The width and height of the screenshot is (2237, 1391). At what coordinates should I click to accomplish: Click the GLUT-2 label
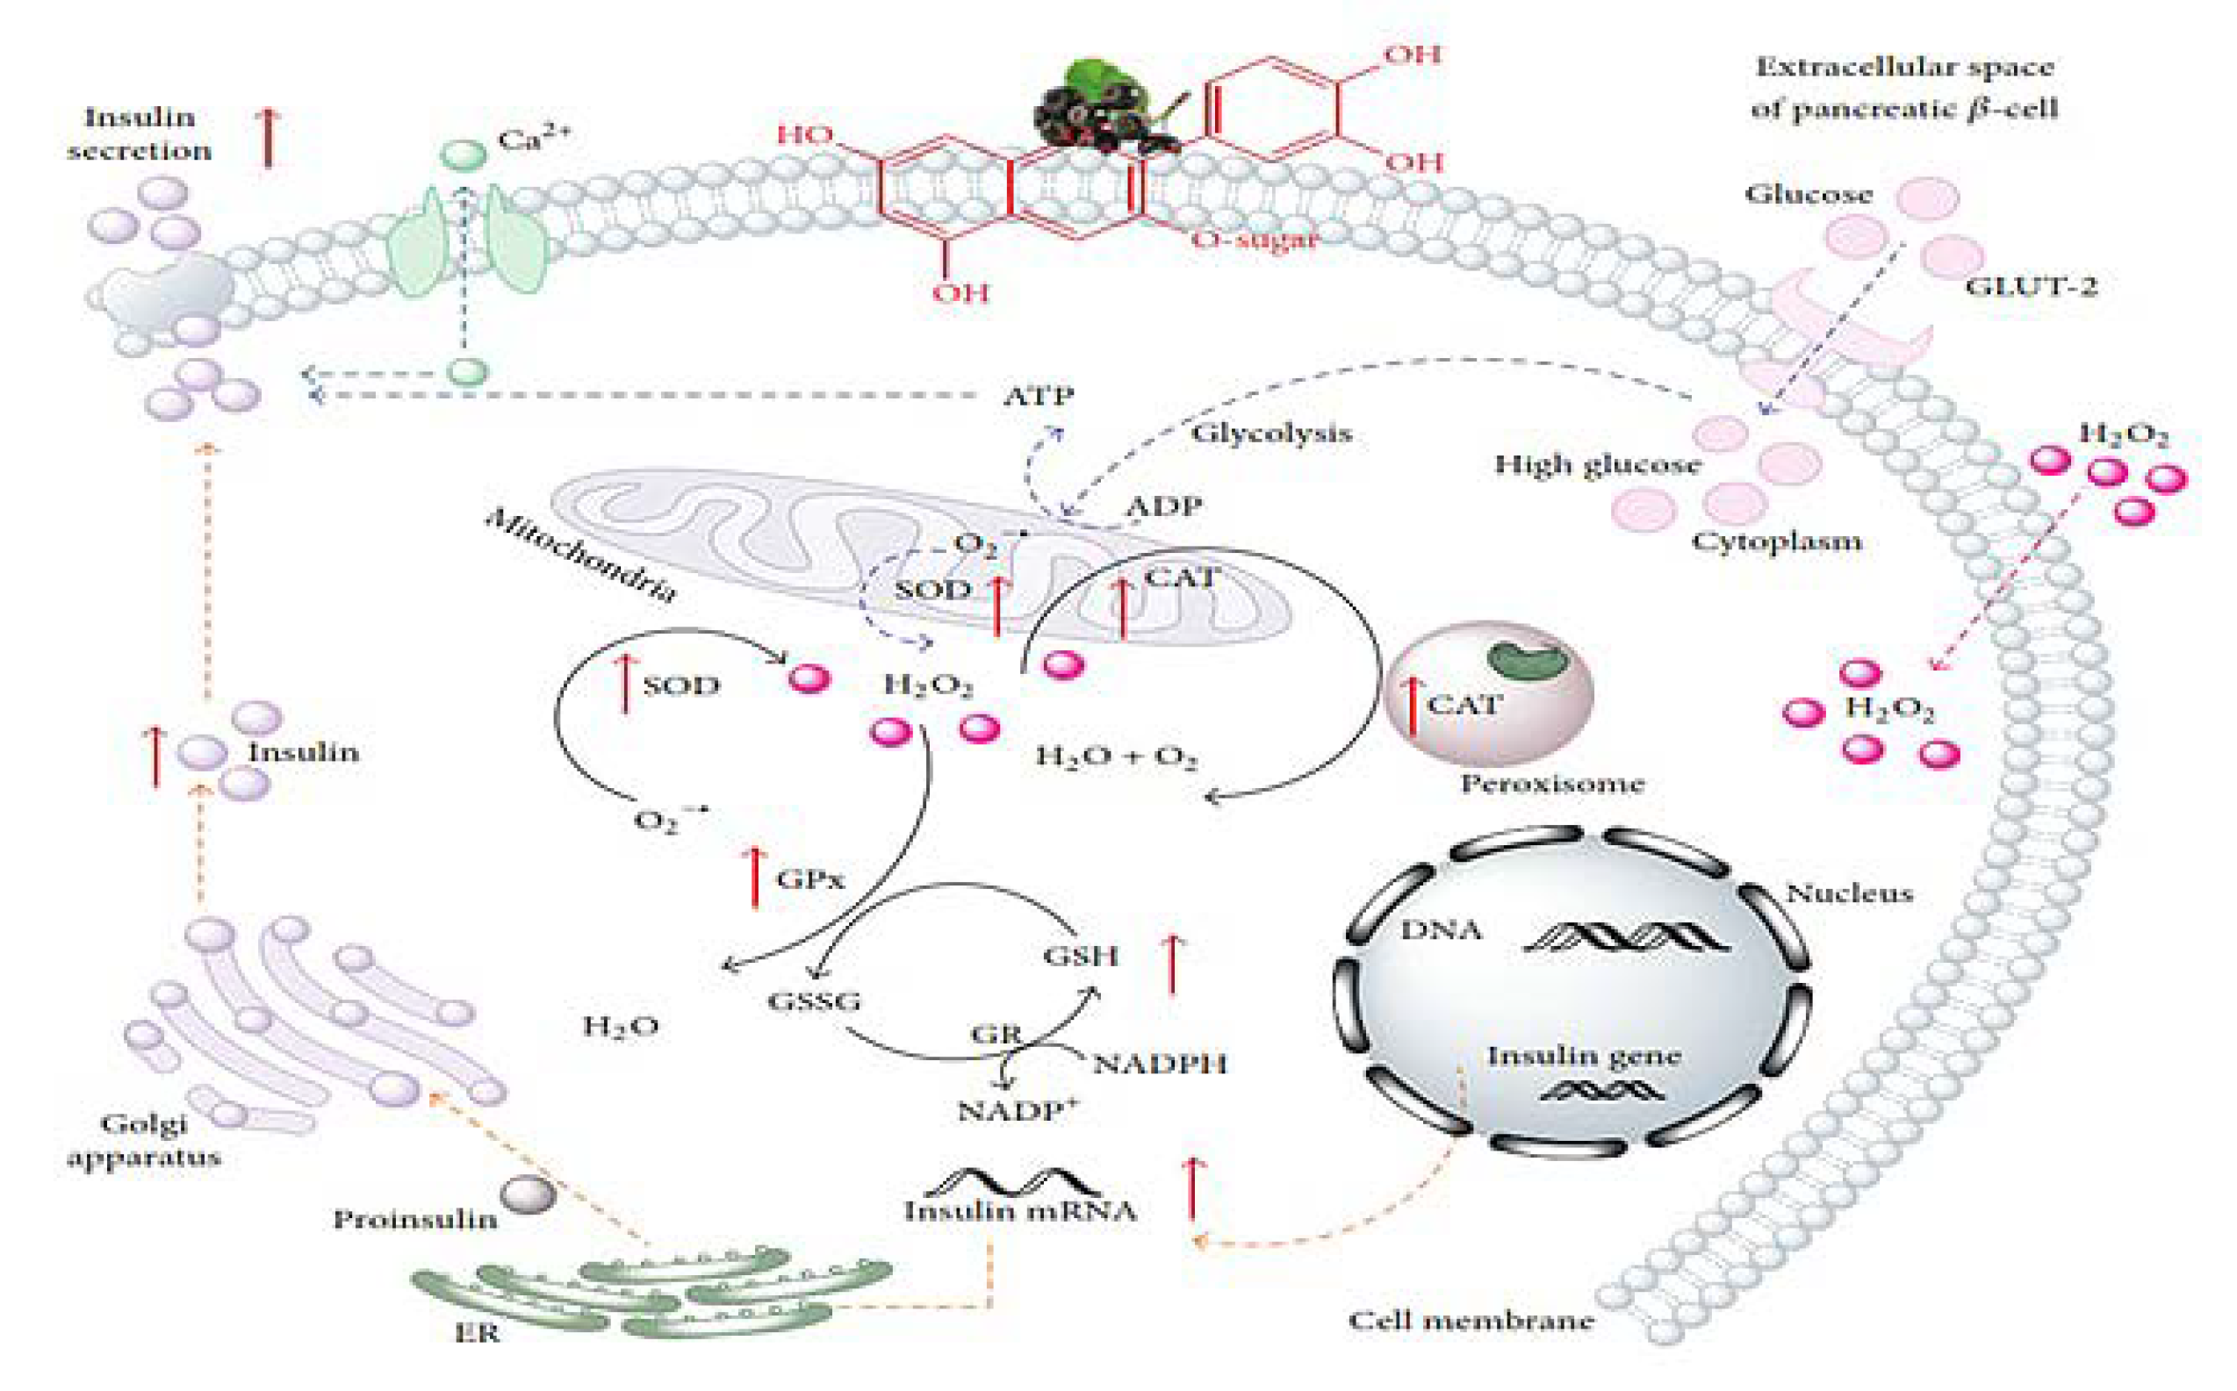pos(2030,287)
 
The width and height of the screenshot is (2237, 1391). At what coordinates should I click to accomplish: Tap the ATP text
pos(1038,397)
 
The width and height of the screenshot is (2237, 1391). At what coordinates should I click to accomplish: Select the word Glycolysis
pos(1272,434)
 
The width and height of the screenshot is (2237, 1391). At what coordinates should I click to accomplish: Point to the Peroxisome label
pos(1552,785)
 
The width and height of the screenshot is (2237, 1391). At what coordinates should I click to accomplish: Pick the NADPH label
pos(1160,1065)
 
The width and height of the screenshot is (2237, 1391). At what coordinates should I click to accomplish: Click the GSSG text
pos(815,1001)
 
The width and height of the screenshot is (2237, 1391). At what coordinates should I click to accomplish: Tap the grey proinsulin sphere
pos(529,1195)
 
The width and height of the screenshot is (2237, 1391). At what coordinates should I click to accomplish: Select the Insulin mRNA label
pos(1019,1211)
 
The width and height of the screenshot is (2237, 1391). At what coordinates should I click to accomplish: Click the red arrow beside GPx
pos(756,878)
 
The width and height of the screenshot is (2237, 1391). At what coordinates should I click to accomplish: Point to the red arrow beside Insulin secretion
pos(268,136)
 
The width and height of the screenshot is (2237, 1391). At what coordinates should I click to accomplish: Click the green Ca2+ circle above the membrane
pos(464,154)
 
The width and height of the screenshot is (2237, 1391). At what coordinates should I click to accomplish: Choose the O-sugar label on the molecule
pos(1255,240)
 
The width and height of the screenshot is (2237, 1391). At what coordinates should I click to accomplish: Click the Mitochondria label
pos(581,556)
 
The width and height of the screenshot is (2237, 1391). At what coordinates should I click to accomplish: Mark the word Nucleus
pos(1849,893)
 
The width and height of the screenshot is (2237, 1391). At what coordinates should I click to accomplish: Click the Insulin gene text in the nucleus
pos(1584,1056)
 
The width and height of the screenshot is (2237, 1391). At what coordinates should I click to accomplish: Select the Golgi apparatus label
pos(145,1140)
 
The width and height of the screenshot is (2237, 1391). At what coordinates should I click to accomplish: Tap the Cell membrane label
pos(1471,1321)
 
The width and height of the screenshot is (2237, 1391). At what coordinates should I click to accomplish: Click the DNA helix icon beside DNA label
pos(1627,936)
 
